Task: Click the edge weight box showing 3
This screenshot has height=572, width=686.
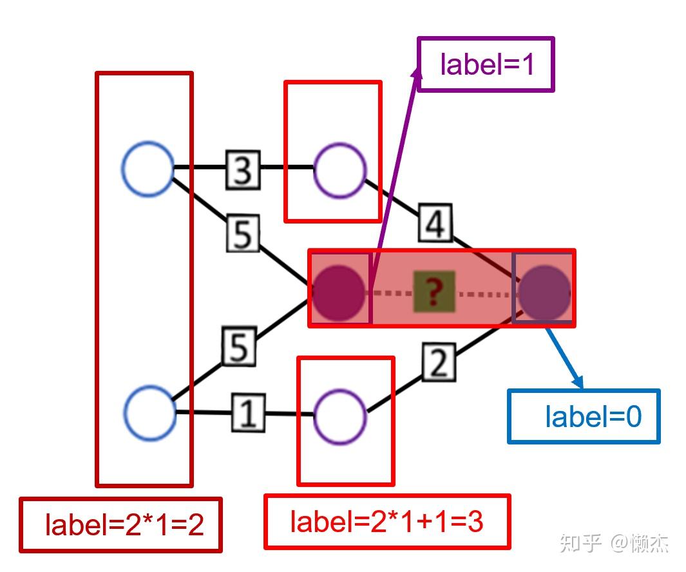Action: tap(243, 170)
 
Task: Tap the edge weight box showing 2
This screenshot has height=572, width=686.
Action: tap(439, 363)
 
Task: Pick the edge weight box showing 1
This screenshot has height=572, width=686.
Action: tap(247, 413)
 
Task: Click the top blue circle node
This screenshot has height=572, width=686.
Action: tap(148, 168)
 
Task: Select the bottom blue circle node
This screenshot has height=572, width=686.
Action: tap(149, 413)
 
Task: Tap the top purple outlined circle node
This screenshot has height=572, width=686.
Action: tap(340, 170)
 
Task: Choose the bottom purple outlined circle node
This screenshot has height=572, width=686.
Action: tap(340, 415)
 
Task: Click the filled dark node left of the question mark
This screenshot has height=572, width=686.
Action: tap(339, 292)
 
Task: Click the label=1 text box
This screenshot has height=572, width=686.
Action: tap(486, 64)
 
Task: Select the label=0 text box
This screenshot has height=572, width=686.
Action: tap(584, 416)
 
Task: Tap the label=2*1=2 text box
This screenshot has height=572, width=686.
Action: tap(121, 525)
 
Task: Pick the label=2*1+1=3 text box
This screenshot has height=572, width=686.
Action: tap(387, 522)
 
